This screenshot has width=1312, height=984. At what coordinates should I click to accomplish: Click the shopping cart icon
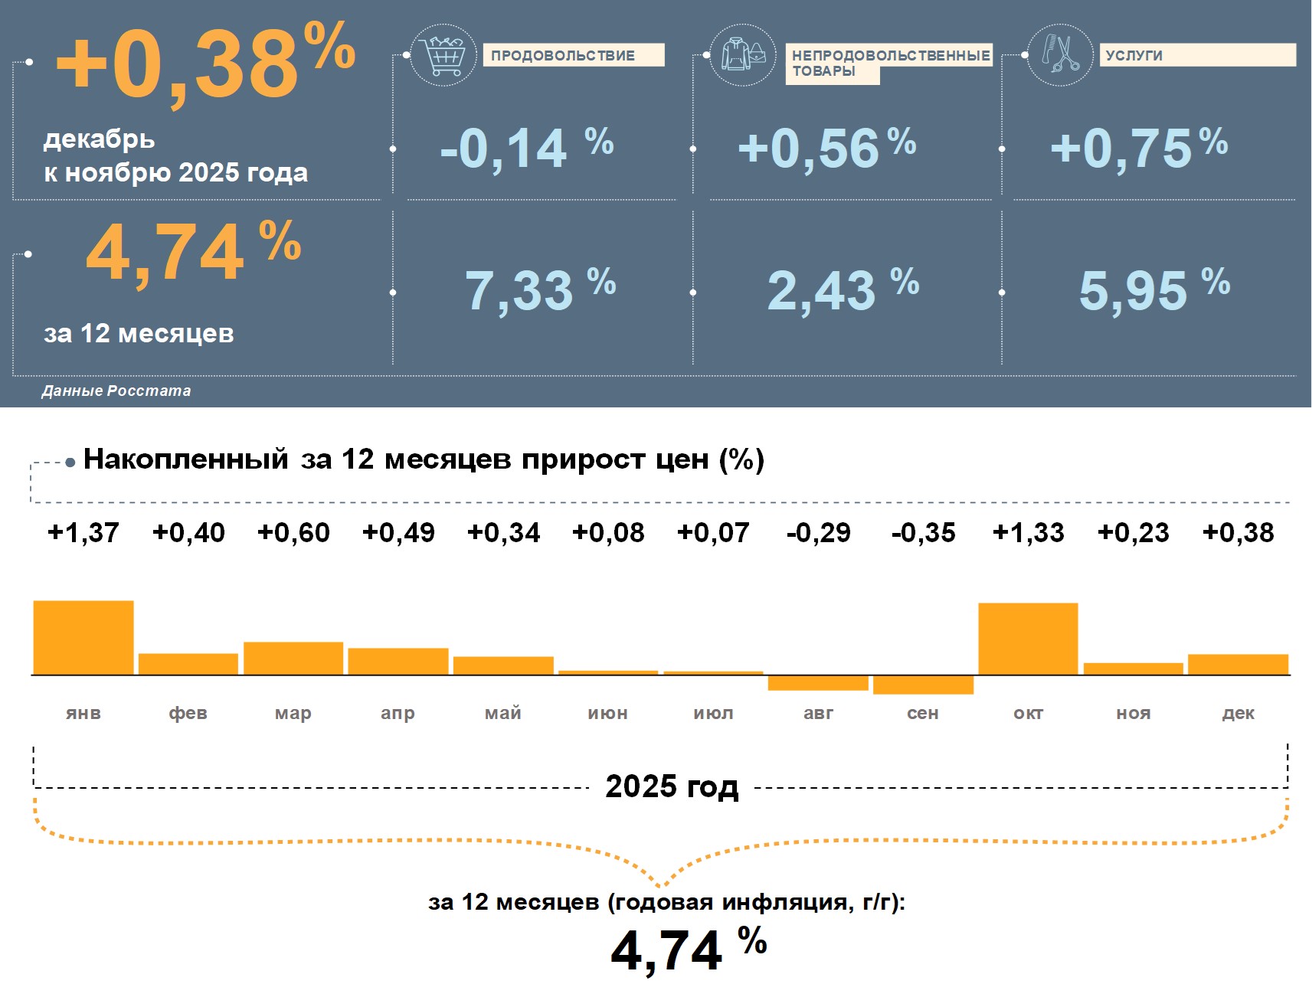click(x=443, y=54)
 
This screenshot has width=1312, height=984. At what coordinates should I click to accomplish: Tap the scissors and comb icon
click(x=1060, y=54)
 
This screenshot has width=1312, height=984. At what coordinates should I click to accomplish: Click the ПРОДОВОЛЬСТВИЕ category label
click(x=563, y=55)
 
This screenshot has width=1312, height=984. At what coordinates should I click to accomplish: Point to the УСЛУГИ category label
click(x=1134, y=55)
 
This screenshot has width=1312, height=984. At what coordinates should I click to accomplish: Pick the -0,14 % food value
click(x=527, y=148)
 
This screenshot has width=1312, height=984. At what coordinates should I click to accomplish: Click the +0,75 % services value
click(x=1139, y=147)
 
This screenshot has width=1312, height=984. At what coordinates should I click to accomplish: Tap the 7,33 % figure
click(x=540, y=290)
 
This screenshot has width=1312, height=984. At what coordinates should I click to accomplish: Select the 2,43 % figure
click(x=842, y=290)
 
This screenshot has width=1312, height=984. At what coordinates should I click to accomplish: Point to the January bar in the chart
click(x=83, y=637)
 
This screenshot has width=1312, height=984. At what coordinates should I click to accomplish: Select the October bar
click(x=1028, y=639)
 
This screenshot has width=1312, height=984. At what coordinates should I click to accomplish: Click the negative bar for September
click(x=923, y=685)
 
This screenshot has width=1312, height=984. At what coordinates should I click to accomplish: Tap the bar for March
click(x=293, y=658)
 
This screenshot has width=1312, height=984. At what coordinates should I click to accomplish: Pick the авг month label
click(x=818, y=713)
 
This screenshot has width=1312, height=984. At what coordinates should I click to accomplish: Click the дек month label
click(x=1238, y=713)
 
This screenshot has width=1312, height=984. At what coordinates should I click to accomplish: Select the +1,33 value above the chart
click(x=1028, y=532)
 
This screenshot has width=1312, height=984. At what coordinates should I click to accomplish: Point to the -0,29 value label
click(x=818, y=532)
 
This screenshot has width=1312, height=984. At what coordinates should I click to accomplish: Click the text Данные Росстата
click(x=116, y=391)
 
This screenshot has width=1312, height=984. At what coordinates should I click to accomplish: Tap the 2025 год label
click(x=672, y=786)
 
